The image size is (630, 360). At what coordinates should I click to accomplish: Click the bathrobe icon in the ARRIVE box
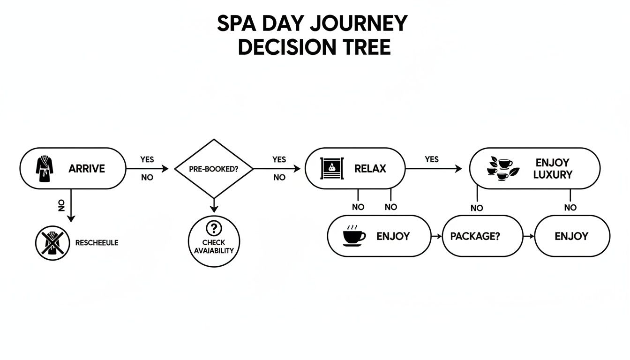(x=45, y=169)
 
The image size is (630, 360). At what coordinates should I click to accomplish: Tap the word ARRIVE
(x=86, y=169)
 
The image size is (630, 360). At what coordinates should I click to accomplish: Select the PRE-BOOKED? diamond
(x=214, y=169)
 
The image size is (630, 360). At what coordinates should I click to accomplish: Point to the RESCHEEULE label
(x=97, y=243)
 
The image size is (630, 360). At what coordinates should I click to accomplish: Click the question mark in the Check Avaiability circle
(x=214, y=228)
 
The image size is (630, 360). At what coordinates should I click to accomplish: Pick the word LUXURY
(x=553, y=175)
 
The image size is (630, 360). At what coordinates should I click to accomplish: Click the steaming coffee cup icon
(x=354, y=236)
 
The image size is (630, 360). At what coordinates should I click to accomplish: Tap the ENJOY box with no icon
(x=571, y=236)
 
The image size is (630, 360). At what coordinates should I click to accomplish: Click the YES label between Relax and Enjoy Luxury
(x=432, y=159)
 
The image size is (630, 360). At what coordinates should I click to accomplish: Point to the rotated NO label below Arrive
(x=61, y=205)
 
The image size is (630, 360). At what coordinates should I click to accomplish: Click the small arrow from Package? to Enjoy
(x=529, y=236)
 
